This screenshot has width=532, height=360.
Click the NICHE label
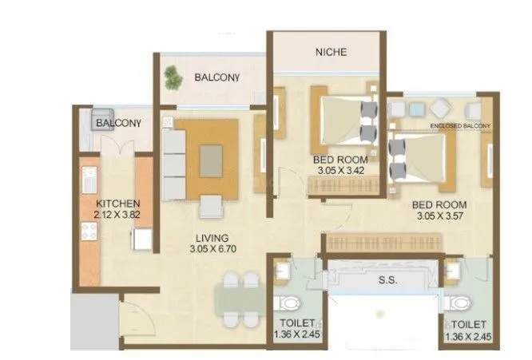coord(331,52)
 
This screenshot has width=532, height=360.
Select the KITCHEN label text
coord(117,204)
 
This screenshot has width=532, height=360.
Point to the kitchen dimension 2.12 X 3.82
coord(117,215)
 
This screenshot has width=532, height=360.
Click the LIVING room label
coord(212,238)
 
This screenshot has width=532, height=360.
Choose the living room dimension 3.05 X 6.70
coord(212,249)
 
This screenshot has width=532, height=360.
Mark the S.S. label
coord(387,281)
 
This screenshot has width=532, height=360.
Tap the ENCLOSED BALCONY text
coord(459,126)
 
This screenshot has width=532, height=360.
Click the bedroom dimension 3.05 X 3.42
coord(339,170)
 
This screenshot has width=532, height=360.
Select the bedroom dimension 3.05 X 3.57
coord(440,216)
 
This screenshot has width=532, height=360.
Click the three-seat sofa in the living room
coord(173,164)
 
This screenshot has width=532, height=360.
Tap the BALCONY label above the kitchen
coord(118,124)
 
